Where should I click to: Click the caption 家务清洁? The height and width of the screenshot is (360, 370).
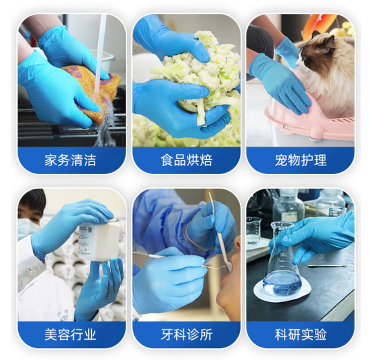70,160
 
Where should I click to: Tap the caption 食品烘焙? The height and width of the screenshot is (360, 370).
186,160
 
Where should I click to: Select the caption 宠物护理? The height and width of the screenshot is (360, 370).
301,160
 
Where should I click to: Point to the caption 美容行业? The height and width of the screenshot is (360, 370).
70,334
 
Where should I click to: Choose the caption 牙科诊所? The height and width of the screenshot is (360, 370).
186,334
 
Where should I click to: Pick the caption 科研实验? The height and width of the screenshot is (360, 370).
301,334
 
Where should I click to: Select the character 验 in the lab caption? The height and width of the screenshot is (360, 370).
320,334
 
